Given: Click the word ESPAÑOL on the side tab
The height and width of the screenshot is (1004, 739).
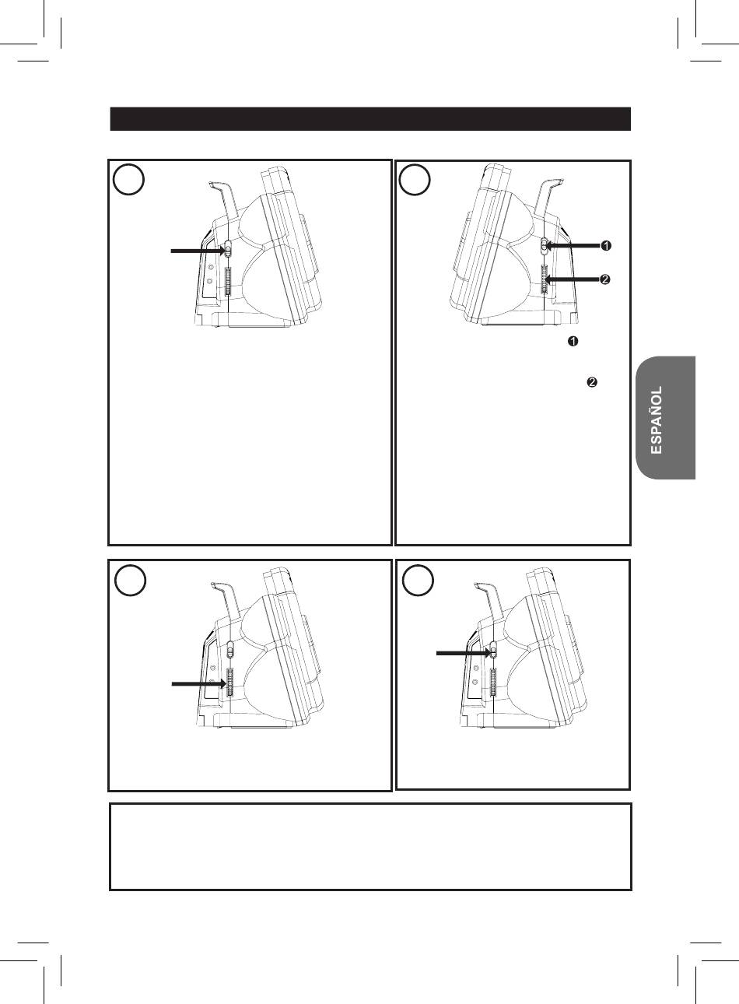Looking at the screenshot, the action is (x=656, y=420).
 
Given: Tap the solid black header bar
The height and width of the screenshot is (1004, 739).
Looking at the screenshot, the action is (x=370, y=119).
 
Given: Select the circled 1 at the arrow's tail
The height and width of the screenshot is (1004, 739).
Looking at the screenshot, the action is (x=606, y=246).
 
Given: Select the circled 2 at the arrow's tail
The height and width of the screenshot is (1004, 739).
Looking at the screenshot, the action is (x=604, y=279).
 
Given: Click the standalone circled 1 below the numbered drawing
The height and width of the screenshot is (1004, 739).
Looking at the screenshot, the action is (x=573, y=341).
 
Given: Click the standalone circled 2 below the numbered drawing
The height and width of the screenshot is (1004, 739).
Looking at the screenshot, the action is (x=592, y=382).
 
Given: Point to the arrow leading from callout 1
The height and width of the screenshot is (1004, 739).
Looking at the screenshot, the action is (x=573, y=246).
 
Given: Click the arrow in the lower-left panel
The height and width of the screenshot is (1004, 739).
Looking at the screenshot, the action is (x=198, y=683).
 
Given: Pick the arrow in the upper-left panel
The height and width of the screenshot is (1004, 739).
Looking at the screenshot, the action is (x=198, y=251).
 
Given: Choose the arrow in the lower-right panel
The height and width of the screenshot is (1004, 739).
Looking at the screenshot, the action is (x=463, y=654).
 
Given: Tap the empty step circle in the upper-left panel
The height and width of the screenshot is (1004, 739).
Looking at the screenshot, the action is (x=128, y=179).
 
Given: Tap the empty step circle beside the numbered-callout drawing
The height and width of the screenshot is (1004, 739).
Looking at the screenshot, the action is (x=415, y=179).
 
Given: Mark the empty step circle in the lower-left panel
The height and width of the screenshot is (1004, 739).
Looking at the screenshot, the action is (x=130, y=580).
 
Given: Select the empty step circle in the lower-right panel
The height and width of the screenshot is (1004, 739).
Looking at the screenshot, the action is (x=418, y=580).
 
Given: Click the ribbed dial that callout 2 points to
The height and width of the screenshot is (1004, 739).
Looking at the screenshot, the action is (x=545, y=279).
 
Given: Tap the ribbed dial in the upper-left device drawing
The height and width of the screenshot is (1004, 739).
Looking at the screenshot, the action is (x=227, y=281).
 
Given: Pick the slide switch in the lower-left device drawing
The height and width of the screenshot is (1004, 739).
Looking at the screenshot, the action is (x=229, y=649).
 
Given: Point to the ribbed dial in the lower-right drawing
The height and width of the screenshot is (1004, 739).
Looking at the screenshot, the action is (x=493, y=683).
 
